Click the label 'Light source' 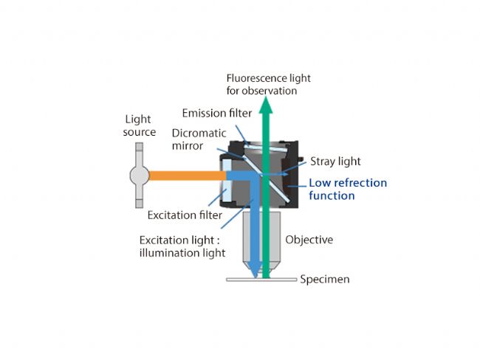tap(140, 125)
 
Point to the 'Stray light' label tap(335, 162)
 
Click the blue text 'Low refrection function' tap(348, 189)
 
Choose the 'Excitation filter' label tap(184, 215)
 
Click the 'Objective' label tap(309, 240)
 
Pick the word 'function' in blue tap(332, 195)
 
